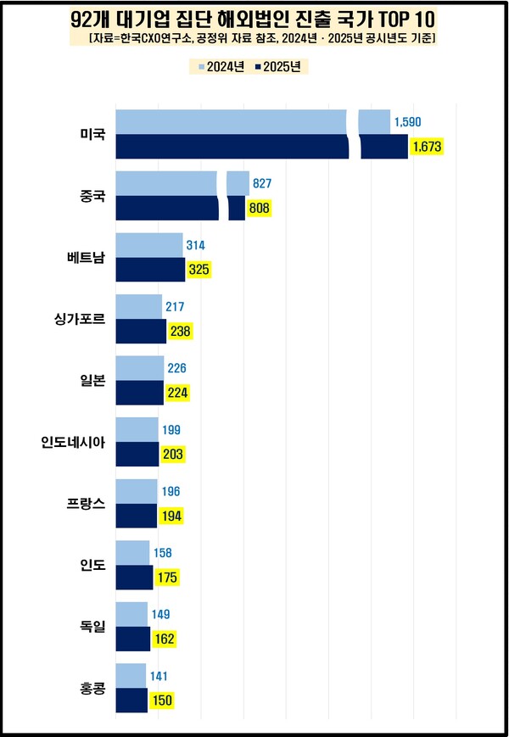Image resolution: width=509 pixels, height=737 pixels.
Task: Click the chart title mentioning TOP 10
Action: coord(254,18)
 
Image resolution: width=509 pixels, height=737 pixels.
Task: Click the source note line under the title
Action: coord(254,39)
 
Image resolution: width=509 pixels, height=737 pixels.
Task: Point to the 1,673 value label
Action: coord(427,147)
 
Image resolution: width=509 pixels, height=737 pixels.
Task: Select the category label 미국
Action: coord(92,134)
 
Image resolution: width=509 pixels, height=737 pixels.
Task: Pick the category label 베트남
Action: coord(86,257)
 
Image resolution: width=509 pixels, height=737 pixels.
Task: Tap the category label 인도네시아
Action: coord(74,442)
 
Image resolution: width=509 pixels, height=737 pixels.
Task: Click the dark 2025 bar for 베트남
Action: coord(149,270)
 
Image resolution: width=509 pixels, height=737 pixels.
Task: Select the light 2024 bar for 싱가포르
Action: coord(138,307)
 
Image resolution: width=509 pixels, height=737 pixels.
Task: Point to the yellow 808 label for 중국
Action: coord(259,208)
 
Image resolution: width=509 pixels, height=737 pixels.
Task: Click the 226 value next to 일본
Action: coord(176,368)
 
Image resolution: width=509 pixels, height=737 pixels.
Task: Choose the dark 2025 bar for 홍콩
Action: coord(131,701)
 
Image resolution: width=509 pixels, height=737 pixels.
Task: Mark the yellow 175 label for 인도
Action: coord(166,578)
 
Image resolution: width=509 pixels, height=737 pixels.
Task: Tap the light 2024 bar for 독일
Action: coord(131,614)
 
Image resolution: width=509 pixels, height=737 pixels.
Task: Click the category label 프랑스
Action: coord(86,503)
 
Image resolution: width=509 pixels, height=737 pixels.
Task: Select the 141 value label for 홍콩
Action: coord(159,676)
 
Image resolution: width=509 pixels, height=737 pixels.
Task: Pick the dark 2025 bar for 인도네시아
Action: coord(137,454)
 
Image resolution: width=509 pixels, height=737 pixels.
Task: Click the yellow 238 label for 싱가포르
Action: coord(181,332)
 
